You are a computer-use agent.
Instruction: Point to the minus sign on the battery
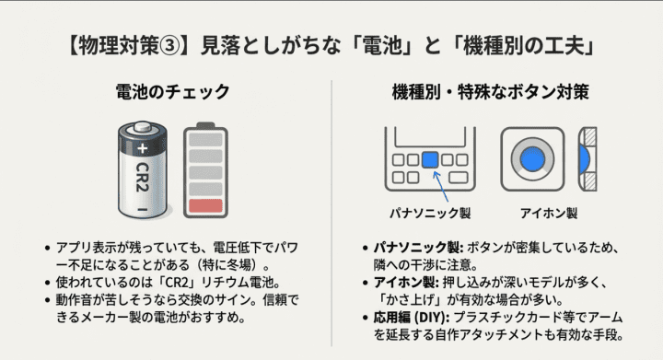[142, 209]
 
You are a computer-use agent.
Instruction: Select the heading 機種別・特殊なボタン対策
[491, 92]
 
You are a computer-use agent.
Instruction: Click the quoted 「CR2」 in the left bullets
[180, 283]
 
